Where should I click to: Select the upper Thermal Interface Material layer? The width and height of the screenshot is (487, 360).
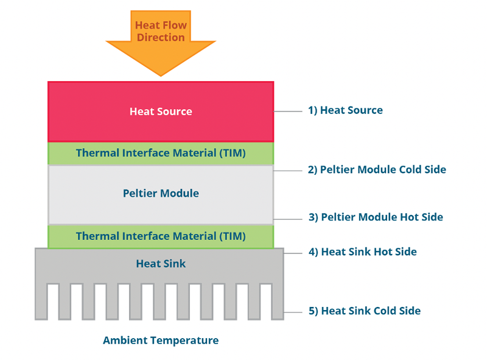pos(161,153)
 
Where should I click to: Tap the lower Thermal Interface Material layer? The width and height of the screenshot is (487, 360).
pos(161,236)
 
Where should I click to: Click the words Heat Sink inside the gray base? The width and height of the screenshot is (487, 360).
pos(161,264)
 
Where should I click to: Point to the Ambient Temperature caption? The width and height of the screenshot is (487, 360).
pos(161,341)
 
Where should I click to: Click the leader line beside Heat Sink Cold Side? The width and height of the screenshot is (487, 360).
pos(293,311)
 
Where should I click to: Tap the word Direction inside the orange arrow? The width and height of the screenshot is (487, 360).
pos(161,37)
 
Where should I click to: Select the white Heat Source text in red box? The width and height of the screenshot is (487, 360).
pos(161,111)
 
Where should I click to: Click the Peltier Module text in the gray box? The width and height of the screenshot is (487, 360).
pos(161,193)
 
